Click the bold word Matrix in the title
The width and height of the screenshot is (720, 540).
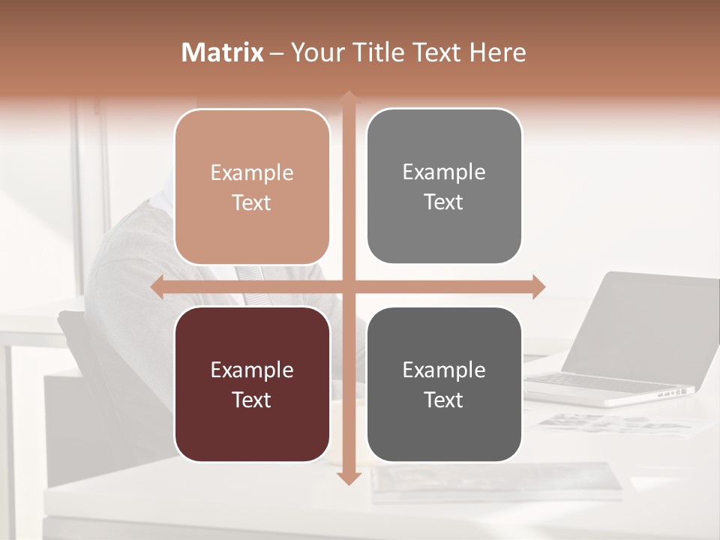tap(223, 52)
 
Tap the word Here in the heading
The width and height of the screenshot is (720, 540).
tap(497, 52)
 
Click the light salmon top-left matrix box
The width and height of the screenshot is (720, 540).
tap(252, 187)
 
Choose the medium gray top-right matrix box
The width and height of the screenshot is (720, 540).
tap(444, 186)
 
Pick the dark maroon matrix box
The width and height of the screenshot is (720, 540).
tap(252, 384)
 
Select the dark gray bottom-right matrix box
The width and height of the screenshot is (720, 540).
tap(444, 384)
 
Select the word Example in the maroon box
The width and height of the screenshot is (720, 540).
tap(252, 370)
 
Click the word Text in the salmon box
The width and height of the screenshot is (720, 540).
tap(252, 202)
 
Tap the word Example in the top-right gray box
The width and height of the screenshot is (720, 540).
tap(444, 172)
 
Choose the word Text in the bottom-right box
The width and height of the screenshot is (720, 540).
tap(444, 400)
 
